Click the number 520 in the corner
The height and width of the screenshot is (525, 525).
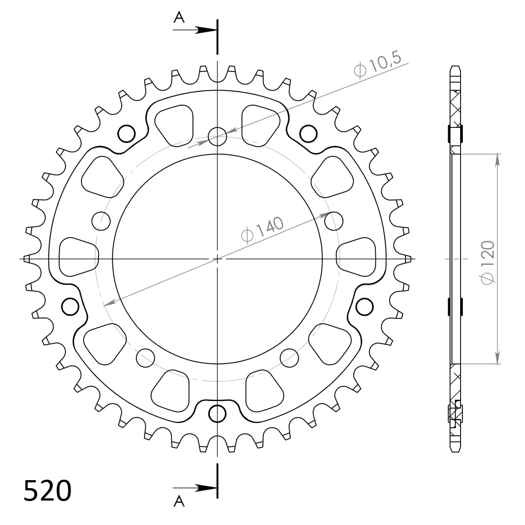47,490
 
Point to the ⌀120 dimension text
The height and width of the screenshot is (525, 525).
487,263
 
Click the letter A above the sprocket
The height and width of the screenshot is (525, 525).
179,17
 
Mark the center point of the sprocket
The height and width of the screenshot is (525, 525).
217,259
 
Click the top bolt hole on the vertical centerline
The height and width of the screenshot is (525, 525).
217,136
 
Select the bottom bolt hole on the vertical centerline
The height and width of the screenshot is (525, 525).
217,414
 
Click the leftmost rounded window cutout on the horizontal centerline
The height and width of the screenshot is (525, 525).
78,257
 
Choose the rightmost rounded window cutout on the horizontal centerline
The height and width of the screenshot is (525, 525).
356,257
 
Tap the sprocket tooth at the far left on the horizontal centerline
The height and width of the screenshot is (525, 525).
27,259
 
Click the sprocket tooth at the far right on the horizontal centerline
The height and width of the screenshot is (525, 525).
408,259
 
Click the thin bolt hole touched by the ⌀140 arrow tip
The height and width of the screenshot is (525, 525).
334,220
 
